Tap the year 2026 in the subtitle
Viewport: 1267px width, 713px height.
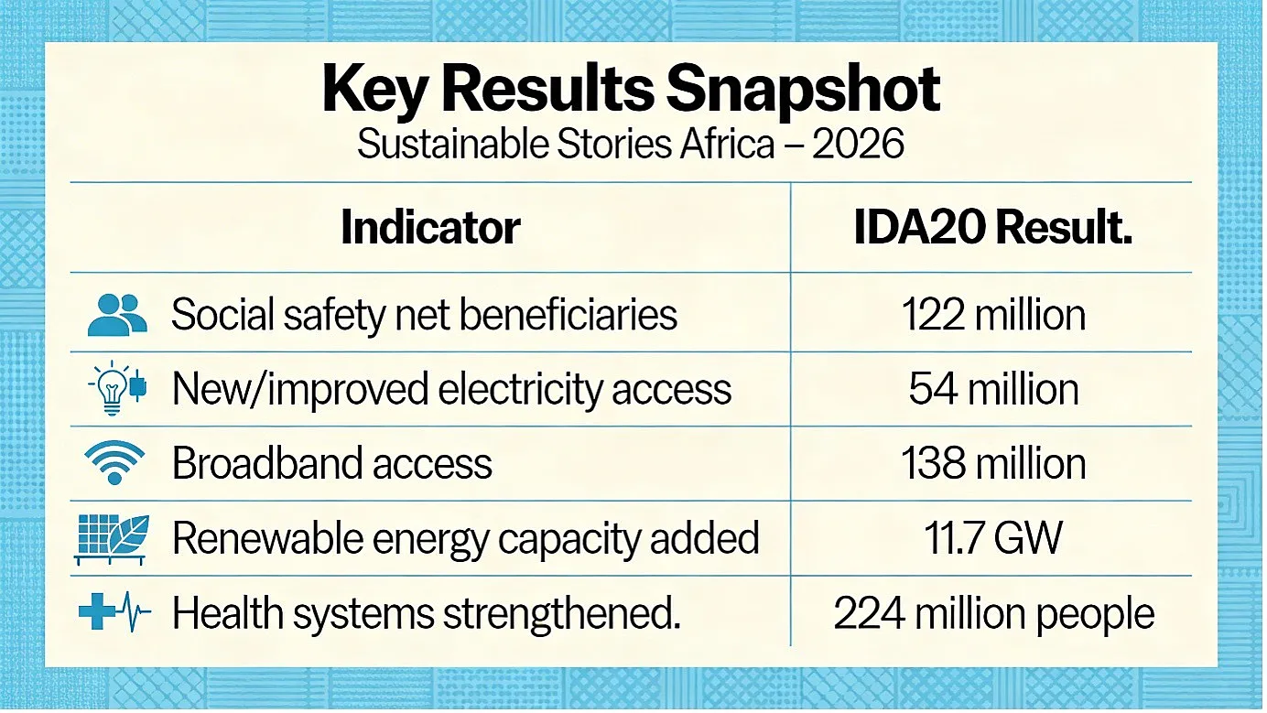pyautogui.click(x=858, y=144)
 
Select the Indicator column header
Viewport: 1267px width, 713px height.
pyautogui.click(x=430, y=227)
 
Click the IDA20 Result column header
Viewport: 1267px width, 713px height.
pyautogui.click(x=993, y=227)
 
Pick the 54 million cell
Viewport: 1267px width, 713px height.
pyautogui.click(x=994, y=389)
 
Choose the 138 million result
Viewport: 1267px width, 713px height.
pyautogui.click(x=993, y=464)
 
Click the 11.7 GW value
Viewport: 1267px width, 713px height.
pyautogui.click(x=993, y=538)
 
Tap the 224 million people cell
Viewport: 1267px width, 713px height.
pyautogui.click(x=994, y=613)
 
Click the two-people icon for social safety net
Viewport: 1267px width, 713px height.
pyautogui.click(x=117, y=315)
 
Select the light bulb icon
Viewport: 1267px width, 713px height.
pyautogui.click(x=116, y=388)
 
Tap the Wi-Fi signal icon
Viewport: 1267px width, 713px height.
pyautogui.click(x=114, y=462)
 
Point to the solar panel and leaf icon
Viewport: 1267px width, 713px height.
pyautogui.click(x=112, y=539)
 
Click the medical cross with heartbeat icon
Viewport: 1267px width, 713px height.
pyautogui.click(x=114, y=611)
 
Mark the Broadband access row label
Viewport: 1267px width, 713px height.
pyautogui.click(x=332, y=464)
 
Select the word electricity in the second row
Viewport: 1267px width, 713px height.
pyautogui.click(x=520, y=390)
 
